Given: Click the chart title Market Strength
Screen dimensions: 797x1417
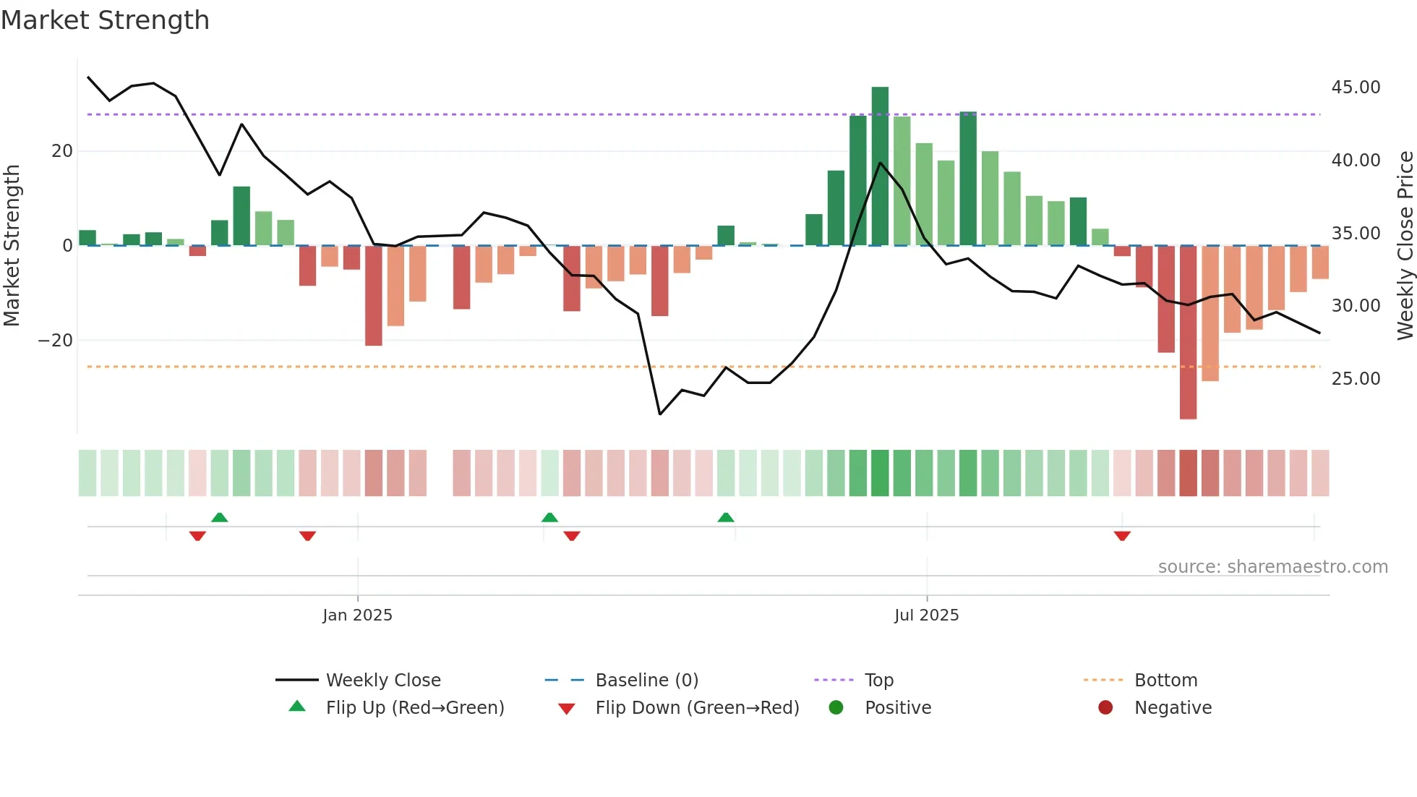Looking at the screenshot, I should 105,20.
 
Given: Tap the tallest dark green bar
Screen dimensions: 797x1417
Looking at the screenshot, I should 880,166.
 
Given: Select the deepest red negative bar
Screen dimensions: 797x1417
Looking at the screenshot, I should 1188,333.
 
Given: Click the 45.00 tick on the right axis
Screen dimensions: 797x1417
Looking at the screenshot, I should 1356,88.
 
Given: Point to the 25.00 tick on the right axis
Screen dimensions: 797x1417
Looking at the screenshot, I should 1356,379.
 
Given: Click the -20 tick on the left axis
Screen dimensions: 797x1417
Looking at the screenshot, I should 56,341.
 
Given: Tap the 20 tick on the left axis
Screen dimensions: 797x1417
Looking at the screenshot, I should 62,151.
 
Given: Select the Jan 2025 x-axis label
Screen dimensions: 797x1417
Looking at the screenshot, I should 357,615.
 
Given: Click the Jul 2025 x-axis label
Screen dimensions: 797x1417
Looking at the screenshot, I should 926,615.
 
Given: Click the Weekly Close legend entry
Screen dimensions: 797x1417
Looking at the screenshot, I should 382,681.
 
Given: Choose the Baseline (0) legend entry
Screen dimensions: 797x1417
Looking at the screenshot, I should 646,681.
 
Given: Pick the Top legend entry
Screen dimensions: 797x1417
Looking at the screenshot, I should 878,681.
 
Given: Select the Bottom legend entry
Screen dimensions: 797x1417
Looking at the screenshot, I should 1165,681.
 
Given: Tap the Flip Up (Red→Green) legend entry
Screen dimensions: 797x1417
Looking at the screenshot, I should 414,708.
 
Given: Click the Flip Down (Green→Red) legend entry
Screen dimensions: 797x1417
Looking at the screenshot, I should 697,708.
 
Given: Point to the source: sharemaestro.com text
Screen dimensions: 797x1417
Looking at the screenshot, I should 1272,567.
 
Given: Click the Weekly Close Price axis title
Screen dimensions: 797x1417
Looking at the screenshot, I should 1405,246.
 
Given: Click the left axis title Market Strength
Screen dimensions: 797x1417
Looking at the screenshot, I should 12,246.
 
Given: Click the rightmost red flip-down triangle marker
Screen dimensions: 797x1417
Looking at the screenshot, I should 1122,536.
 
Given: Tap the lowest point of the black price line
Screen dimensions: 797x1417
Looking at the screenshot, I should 660,414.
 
